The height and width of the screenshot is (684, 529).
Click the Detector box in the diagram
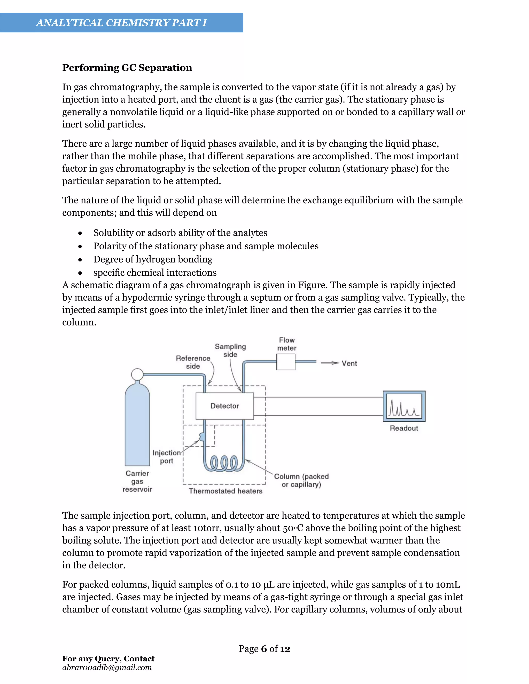(x=224, y=406)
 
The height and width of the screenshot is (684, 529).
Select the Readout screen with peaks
(x=404, y=406)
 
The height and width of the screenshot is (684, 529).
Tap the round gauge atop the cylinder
(x=137, y=374)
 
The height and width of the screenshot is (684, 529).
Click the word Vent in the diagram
(x=349, y=363)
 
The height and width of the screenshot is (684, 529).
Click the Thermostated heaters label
(x=225, y=491)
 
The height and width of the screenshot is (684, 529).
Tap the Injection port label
(x=166, y=457)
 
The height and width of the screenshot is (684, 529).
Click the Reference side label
(x=193, y=362)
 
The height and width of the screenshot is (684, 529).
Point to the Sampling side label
(x=230, y=350)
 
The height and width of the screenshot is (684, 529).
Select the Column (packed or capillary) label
(x=301, y=480)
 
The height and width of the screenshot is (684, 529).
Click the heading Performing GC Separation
(x=127, y=68)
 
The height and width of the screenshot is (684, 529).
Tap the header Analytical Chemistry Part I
(x=121, y=22)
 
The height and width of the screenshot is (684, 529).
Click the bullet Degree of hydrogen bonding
(x=153, y=259)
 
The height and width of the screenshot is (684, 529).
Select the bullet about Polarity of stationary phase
(x=206, y=246)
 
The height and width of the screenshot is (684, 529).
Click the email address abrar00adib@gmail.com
(x=107, y=667)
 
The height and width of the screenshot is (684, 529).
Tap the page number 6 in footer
(x=264, y=649)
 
